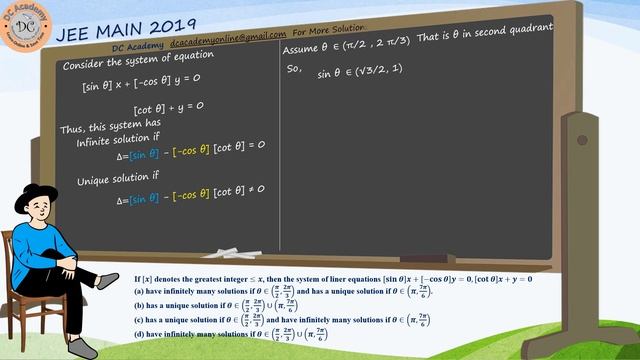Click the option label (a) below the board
(x=139, y=290)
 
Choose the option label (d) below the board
(x=139, y=333)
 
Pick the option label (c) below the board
(x=139, y=319)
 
